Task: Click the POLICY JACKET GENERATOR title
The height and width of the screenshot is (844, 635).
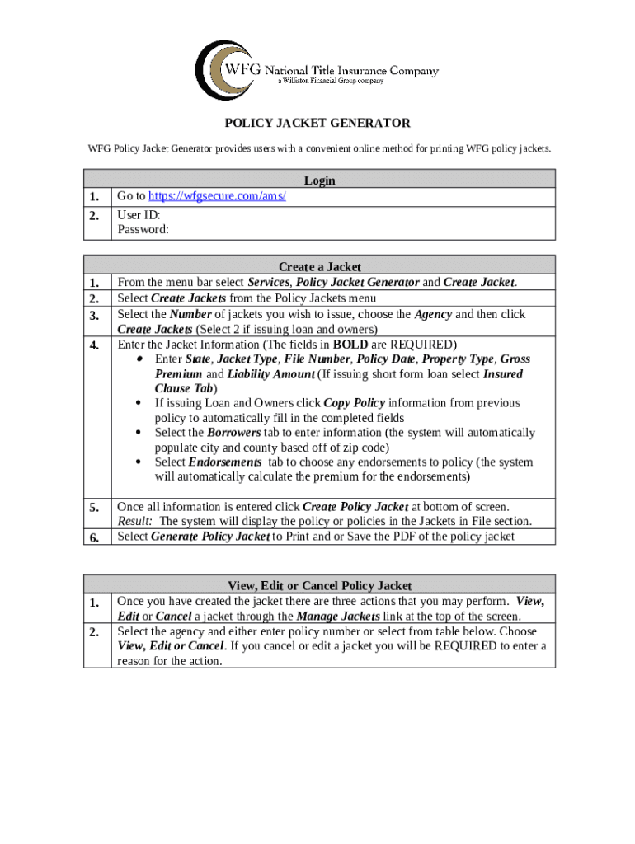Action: click(318, 124)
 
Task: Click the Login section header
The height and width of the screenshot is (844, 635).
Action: click(319, 181)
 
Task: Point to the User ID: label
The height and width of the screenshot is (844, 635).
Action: click(139, 215)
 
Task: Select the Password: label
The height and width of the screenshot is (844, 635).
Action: click(143, 230)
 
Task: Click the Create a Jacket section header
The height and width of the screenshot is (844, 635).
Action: click(319, 267)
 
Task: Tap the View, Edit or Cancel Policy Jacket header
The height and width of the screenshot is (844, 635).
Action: click(319, 586)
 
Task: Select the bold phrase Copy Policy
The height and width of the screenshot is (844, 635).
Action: click(354, 403)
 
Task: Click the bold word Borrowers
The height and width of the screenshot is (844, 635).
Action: click(233, 433)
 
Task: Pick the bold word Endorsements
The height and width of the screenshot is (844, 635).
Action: click(224, 462)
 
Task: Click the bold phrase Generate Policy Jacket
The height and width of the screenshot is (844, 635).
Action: click(210, 537)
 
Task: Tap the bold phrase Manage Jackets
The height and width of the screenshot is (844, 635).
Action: click(338, 617)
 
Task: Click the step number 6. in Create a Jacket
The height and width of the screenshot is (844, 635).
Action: click(95, 537)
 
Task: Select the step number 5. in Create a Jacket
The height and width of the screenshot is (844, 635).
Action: click(95, 508)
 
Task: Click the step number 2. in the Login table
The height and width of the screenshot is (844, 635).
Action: click(95, 216)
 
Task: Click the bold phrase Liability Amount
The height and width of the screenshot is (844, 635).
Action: click(271, 374)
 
